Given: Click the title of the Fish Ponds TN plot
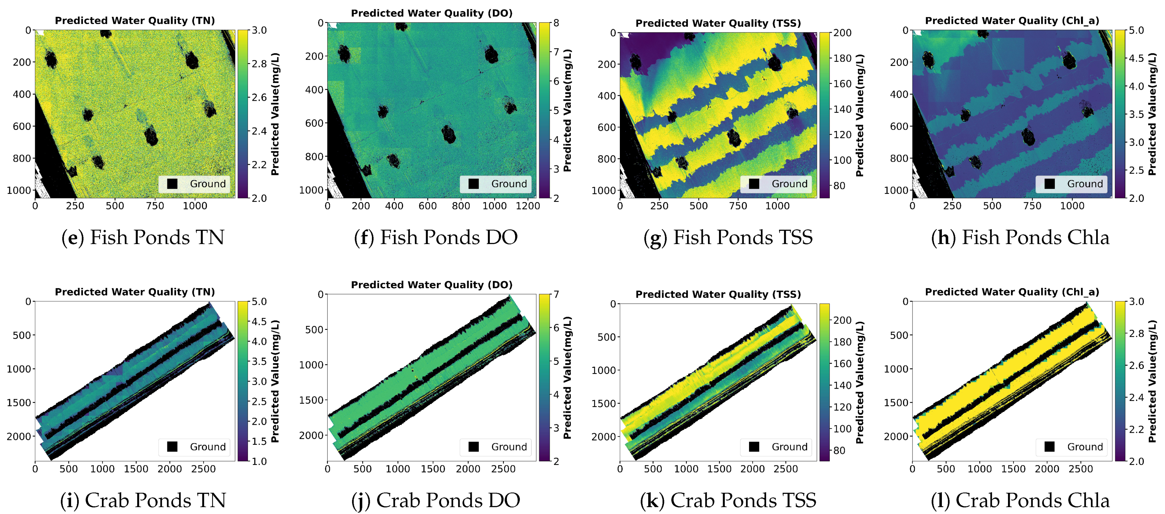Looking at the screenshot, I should pyautogui.click(x=135, y=20).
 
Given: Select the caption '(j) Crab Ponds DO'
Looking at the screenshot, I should pyautogui.click(x=436, y=501).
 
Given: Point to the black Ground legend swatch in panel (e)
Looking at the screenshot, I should pyautogui.click(x=172, y=184).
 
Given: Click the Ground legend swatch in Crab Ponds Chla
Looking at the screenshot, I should pyautogui.click(x=1050, y=447).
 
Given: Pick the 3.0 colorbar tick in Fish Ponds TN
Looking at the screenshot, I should pyautogui.click(x=259, y=30).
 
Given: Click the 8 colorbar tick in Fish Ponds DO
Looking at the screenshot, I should pyautogui.click(x=556, y=23).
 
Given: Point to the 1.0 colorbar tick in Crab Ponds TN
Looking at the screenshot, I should pyautogui.click(x=259, y=461).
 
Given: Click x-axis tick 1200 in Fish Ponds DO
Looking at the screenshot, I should pyautogui.click(x=528, y=206).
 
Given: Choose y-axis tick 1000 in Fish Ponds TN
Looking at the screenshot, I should pyautogui.click(x=19, y=191).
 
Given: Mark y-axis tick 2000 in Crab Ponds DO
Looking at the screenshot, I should pyautogui.click(x=311, y=435).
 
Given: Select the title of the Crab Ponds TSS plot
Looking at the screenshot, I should pyautogui.click(x=718, y=294).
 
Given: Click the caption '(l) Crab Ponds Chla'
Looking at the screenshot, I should pyautogui.click(x=1020, y=501).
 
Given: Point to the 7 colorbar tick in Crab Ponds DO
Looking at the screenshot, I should pyautogui.click(x=556, y=295).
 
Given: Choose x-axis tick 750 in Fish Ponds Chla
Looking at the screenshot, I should pyautogui.click(x=1032, y=206).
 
